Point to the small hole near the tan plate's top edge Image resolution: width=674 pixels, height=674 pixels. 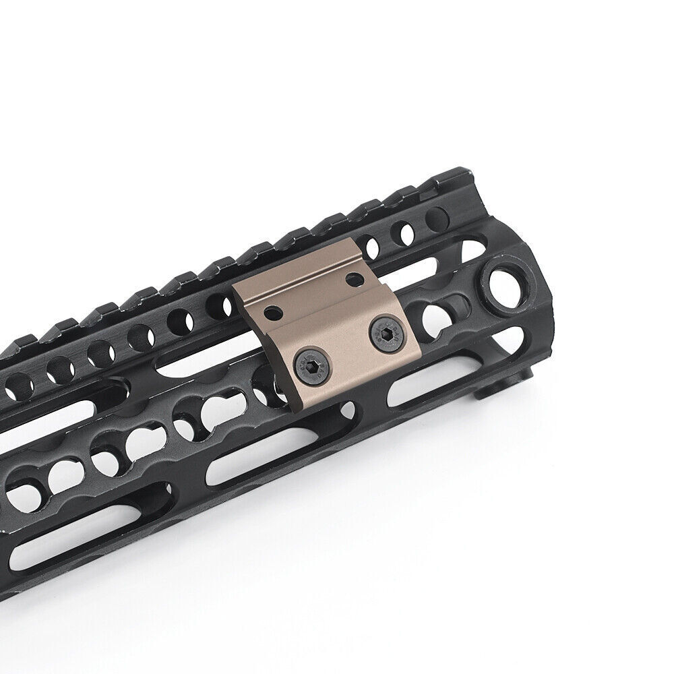click(x=350, y=278)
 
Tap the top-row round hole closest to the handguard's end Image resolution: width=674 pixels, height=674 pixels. click(x=436, y=218)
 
